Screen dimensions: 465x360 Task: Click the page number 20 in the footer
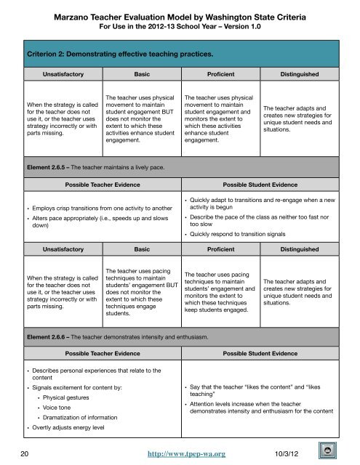pyautogui.click(x=25, y=451)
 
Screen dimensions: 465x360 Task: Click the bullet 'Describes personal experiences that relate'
pyautogui.click(x=99, y=375)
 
